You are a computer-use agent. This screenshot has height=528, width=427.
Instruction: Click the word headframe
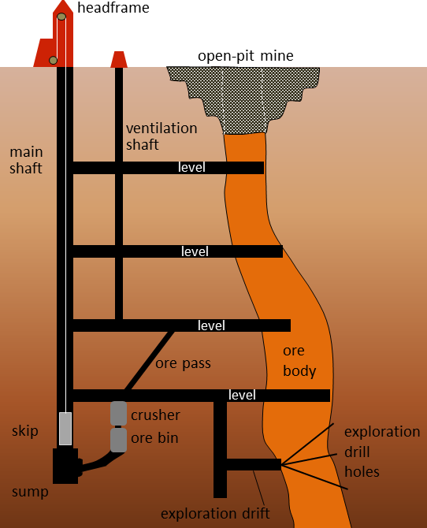[113, 7]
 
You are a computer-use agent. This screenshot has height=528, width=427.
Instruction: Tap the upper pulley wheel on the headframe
[61, 17]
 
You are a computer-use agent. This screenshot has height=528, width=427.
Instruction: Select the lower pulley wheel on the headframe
[54, 60]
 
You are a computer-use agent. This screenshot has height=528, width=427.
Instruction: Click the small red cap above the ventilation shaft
[119, 60]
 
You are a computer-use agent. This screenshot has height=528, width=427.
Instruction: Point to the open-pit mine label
[246, 56]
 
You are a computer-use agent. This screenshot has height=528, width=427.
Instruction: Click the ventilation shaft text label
[162, 136]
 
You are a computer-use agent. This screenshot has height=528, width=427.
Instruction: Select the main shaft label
[26, 160]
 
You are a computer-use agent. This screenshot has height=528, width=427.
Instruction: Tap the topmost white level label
[191, 167]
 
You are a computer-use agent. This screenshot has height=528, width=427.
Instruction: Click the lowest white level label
[242, 395]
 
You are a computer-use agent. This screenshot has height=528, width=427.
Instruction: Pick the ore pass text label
[184, 363]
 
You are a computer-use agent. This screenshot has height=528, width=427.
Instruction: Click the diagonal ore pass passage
[150, 361]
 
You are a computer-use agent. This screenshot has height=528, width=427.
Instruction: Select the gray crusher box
[118, 413]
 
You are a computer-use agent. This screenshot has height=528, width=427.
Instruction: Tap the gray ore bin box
[118, 440]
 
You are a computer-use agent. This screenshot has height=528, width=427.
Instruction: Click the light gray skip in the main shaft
[65, 429]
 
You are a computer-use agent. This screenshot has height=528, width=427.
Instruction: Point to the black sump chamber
[65, 466]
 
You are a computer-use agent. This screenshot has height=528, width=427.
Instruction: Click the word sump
[30, 492]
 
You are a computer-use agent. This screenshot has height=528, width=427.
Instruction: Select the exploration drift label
[215, 514]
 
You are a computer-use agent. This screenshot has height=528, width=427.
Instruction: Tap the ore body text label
[299, 361]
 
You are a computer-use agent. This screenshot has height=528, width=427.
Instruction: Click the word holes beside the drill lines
[362, 472]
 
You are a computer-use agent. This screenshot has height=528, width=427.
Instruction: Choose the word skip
[25, 431]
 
